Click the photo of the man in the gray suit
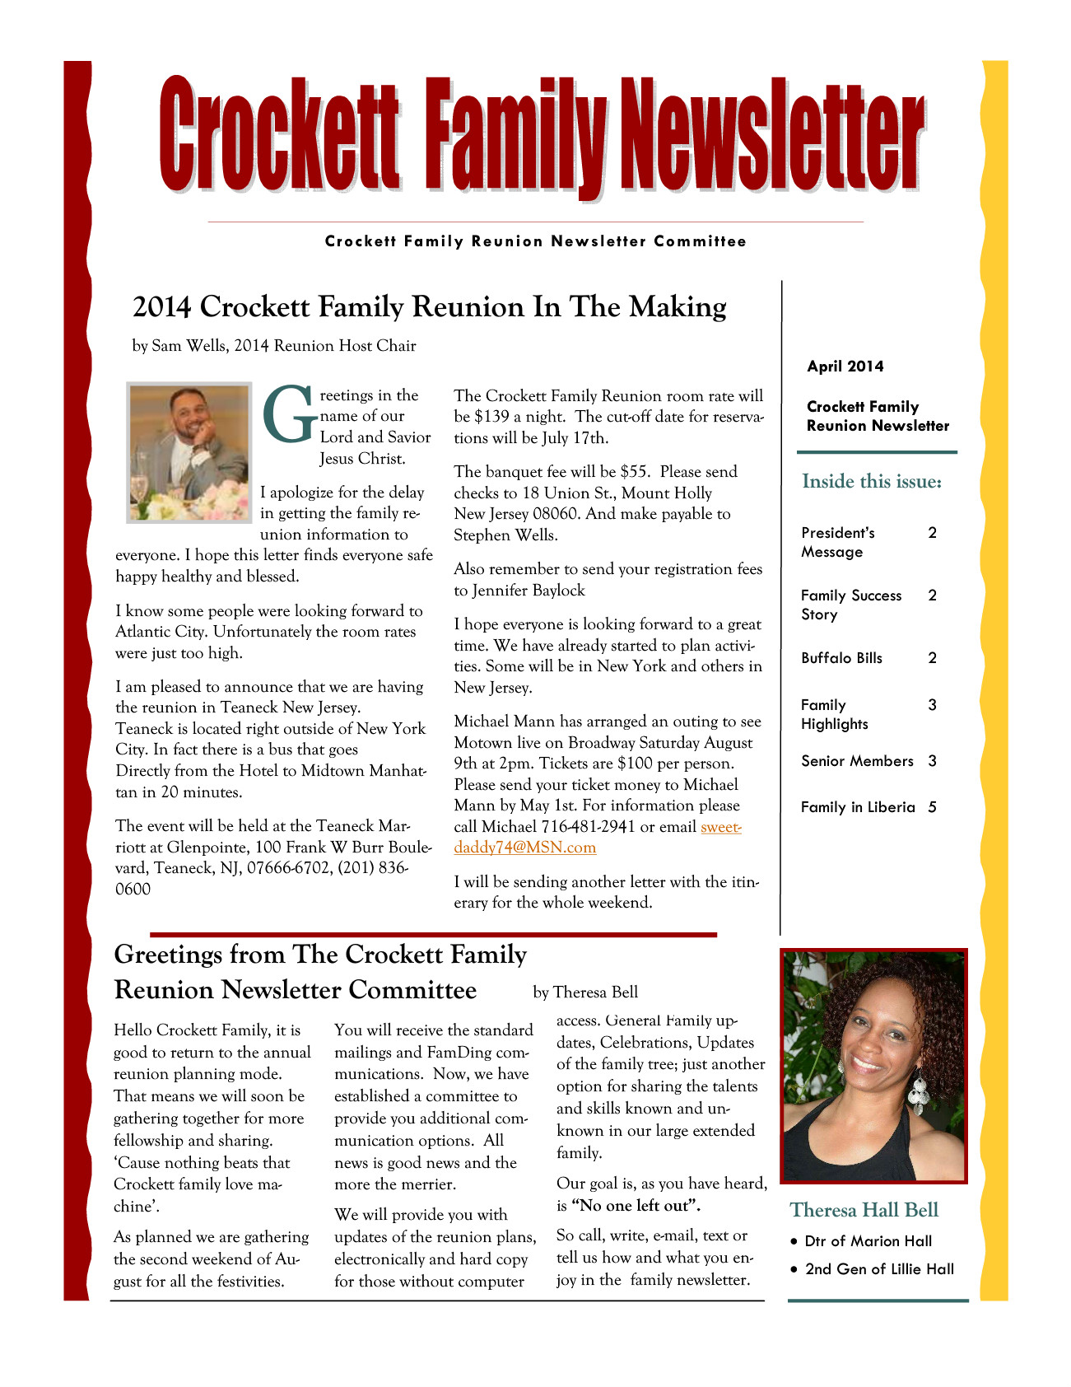click(189, 451)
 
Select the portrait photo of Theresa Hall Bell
click(873, 1066)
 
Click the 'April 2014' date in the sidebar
click(845, 367)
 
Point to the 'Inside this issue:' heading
click(872, 481)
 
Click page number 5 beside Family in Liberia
click(932, 807)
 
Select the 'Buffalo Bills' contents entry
click(841, 658)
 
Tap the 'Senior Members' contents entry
click(857, 761)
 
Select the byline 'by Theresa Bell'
click(585, 992)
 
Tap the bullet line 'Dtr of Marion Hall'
click(868, 1241)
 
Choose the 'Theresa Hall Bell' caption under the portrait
click(864, 1210)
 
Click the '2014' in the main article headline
click(162, 306)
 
